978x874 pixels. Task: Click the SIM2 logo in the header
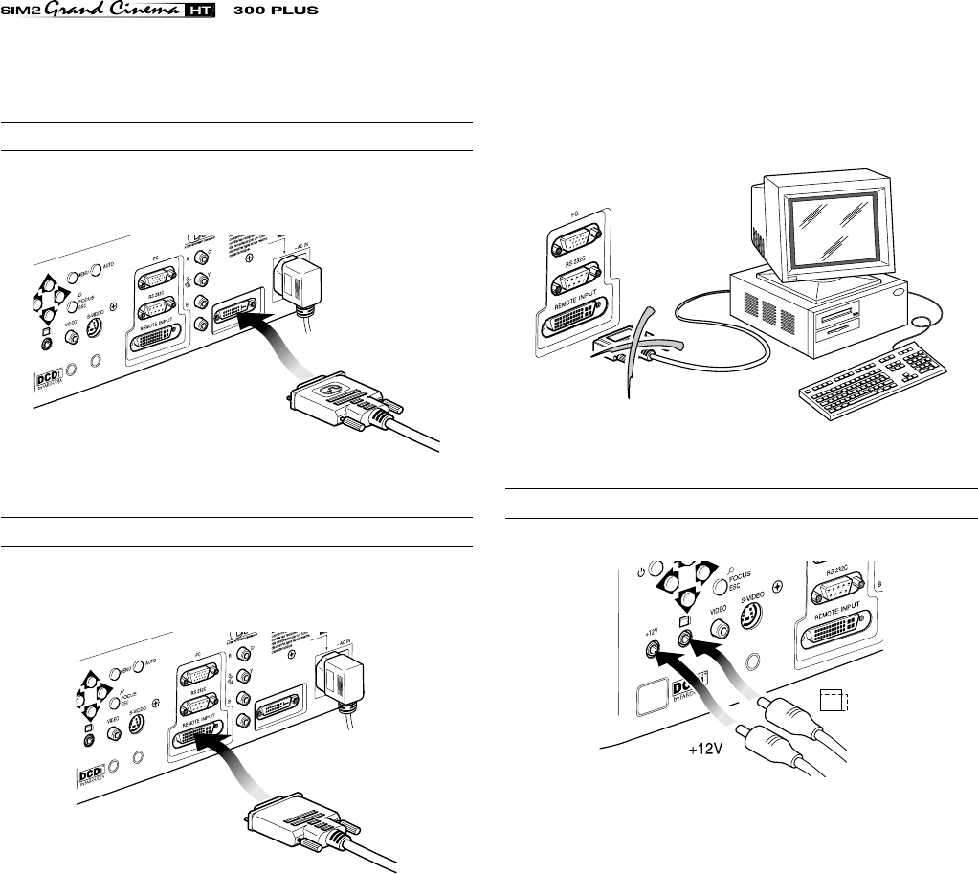tap(21, 11)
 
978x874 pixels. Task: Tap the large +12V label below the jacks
tap(702, 751)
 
